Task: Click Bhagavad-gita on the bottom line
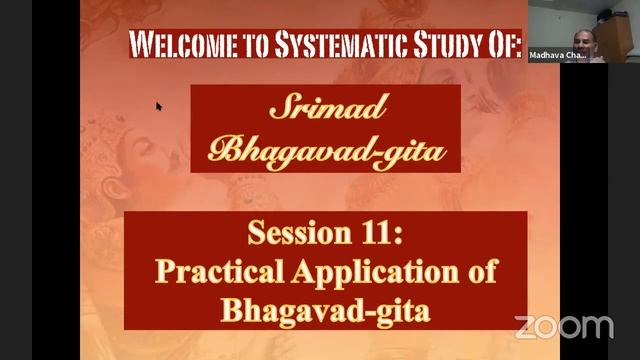pyautogui.click(x=325, y=307)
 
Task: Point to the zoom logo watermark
pyautogui.click(x=564, y=326)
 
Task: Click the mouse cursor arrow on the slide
pyautogui.click(x=158, y=105)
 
